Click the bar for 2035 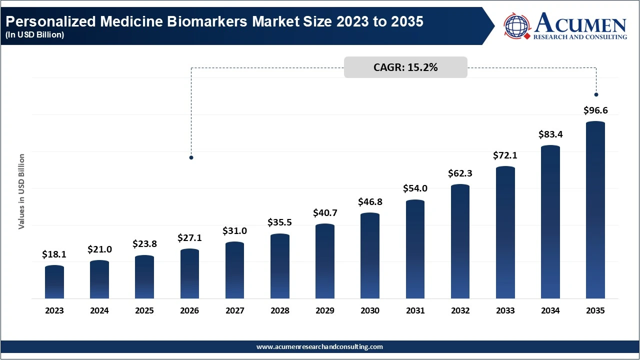coord(595,210)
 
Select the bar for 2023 coord(54,282)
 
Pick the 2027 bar coord(235,270)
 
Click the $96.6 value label coord(595,110)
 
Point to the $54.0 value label coord(415,188)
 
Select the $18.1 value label coord(54,254)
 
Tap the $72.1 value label coord(505,155)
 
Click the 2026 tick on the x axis coord(189,310)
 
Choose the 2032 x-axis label coord(460,310)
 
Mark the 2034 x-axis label coord(550,310)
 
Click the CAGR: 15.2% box coord(405,67)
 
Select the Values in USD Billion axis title coord(21,192)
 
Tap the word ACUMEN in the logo coord(580,23)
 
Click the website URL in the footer coord(319,346)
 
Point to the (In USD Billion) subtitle coord(35,34)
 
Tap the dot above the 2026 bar coord(191,157)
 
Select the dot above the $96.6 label coord(596,94)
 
